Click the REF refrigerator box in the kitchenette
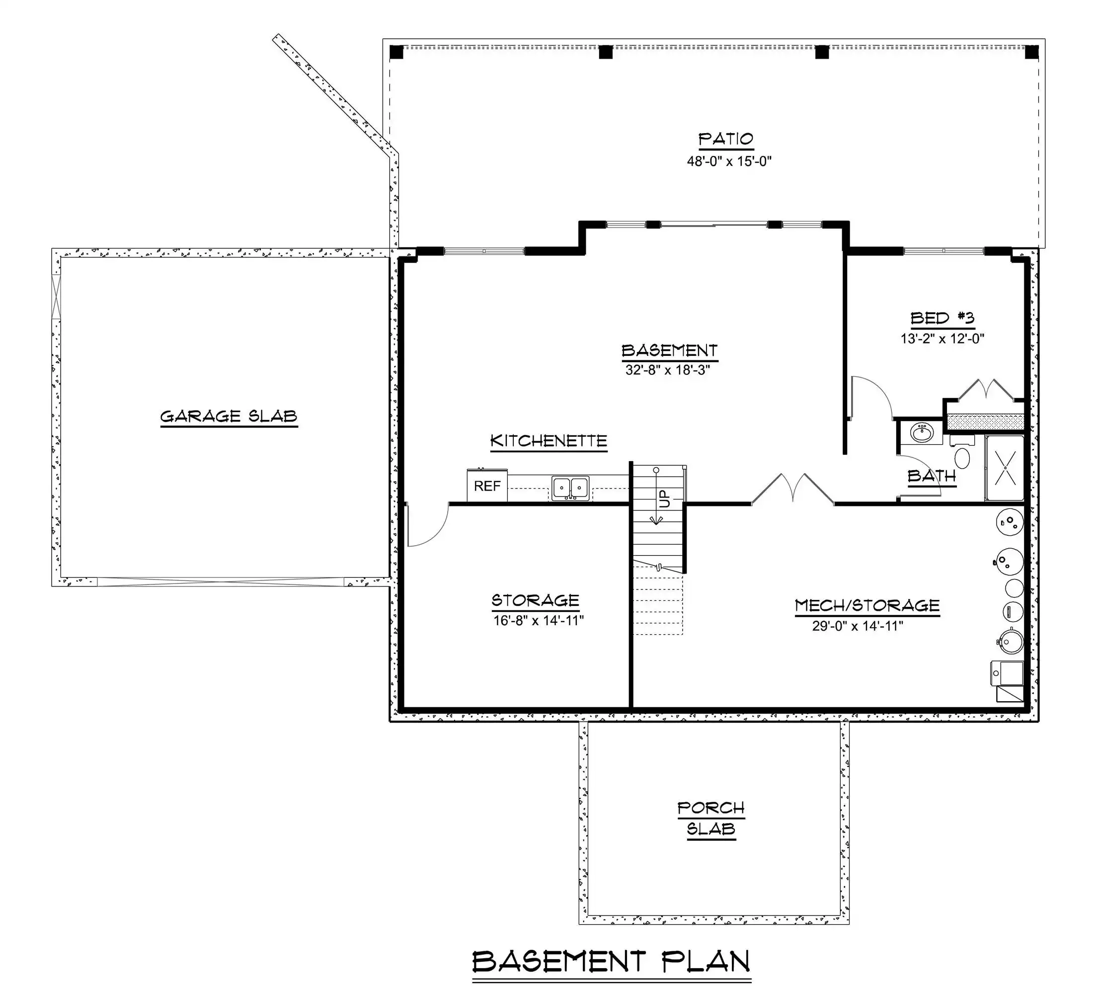pos(487,486)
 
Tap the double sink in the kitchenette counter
pos(570,488)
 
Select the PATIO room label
pos(726,139)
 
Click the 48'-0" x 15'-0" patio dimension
pos(729,162)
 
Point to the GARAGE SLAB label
pos(229,416)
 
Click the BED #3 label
pos(942,318)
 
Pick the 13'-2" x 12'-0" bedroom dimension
pos(942,339)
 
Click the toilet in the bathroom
pos(962,454)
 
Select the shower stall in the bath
pos(1005,468)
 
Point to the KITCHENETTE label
pos(548,441)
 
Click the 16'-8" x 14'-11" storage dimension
pos(538,620)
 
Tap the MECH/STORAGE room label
pos(867,606)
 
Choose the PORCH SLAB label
pos(711,819)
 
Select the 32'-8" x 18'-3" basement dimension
pos(668,370)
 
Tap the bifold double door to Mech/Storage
pos(792,488)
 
